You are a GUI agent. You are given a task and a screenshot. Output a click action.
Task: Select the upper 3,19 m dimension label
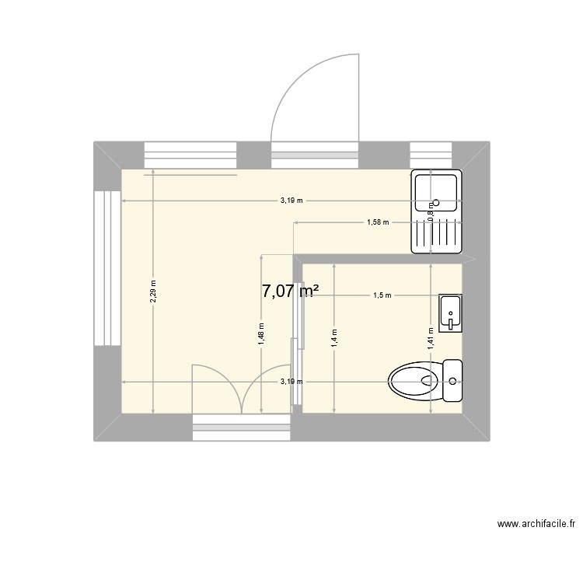tap(292, 201)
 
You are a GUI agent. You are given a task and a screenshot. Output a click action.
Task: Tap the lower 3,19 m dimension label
tap(292, 382)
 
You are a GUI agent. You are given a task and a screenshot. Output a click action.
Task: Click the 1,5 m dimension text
tap(381, 295)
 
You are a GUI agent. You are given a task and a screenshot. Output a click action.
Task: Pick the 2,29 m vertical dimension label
tap(153, 291)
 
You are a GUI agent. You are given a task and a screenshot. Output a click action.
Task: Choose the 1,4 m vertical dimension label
tap(333, 337)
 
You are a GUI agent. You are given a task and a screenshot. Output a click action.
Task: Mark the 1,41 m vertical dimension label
tap(431, 337)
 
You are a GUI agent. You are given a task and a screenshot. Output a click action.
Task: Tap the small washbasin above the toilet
tap(450, 313)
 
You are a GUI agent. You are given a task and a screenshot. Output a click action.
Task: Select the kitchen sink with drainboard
tap(436, 211)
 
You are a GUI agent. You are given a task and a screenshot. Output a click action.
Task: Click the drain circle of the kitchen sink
tap(436, 204)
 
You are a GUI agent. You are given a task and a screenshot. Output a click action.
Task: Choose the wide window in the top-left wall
tap(190, 155)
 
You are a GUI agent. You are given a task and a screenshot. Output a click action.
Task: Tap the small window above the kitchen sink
tap(431, 154)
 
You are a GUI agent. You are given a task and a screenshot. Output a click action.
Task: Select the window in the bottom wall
tap(241, 427)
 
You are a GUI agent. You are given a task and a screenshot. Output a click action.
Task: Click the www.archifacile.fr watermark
tap(536, 525)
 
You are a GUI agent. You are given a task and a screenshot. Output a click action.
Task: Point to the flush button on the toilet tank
tap(453, 381)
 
